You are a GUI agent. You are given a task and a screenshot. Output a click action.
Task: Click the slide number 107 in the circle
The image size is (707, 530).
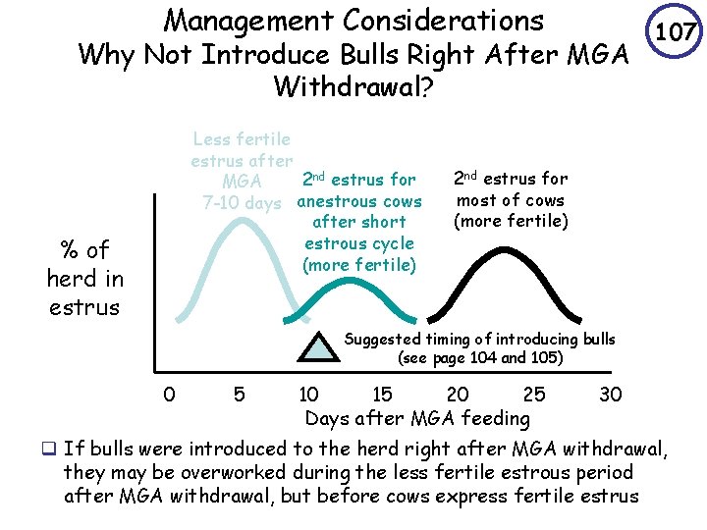[x=677, y=33]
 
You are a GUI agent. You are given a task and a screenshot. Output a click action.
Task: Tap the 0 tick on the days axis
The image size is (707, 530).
[x=170, y=396]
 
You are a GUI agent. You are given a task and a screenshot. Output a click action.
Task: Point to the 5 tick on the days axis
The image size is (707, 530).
[x=239, y=396]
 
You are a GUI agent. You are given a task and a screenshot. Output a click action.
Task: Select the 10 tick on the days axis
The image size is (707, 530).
[x=308, y=396]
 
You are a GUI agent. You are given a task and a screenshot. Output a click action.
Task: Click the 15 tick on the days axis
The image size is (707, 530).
[x=382, y=396]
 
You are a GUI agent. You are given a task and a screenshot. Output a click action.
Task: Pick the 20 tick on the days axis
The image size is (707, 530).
[x=457, y=396]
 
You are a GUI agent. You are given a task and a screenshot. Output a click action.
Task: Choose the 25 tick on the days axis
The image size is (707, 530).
[x=533, y=396]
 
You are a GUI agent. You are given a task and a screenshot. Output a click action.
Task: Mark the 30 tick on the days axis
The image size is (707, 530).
[x=610, y=396]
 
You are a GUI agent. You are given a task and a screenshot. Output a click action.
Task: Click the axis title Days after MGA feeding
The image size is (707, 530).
[x=417, y=419]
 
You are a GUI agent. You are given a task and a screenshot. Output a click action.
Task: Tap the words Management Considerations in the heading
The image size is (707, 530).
[x=353, y=21]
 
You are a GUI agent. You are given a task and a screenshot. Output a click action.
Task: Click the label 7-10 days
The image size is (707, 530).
[x=242, y=203]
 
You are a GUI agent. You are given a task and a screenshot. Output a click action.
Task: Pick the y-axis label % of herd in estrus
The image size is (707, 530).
[x=83, y=278]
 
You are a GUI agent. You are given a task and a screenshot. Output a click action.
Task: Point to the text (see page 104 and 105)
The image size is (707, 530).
[x=480, y=358]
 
